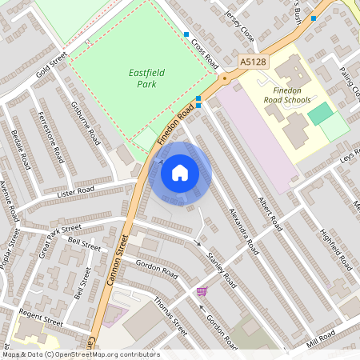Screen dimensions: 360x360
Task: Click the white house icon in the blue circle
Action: click(x=180, y=173)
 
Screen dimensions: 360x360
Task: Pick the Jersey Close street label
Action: click(x=239, y=26)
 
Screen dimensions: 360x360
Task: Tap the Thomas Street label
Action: click(x=170, y=317)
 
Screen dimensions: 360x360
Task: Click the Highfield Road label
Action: click(x=337, y=249)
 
